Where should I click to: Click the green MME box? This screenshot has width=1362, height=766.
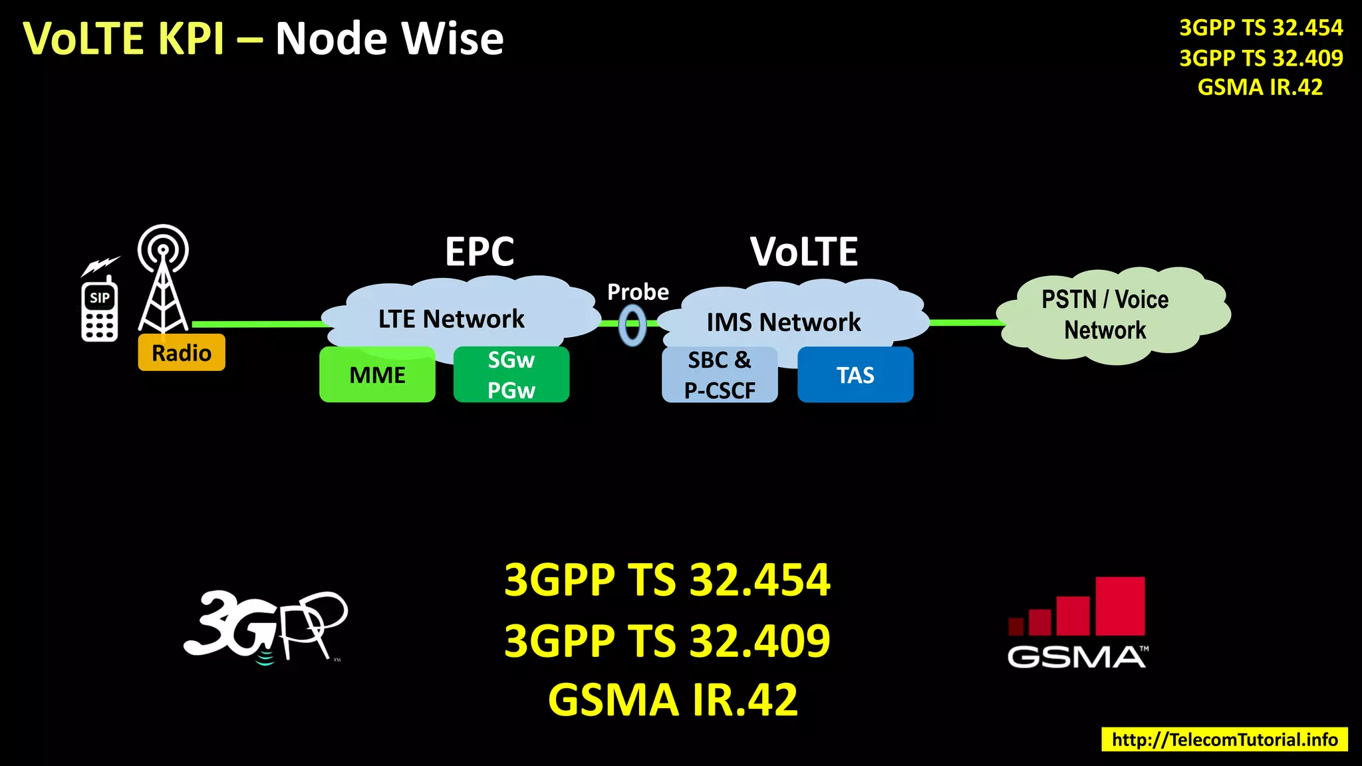(377, 375)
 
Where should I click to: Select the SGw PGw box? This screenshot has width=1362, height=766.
(511, 375)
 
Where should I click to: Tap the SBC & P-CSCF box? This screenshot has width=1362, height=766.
(720, 375)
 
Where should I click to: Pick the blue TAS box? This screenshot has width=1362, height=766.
(855, 375)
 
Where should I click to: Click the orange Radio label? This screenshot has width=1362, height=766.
(182, 352)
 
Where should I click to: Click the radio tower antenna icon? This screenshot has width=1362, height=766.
(163, 279)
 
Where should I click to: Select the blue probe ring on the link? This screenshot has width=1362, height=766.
(632, 325)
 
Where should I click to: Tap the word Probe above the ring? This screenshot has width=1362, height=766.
(638, 292)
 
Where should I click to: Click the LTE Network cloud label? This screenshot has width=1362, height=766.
(452, 319)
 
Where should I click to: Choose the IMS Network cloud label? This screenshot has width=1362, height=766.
(783, 322)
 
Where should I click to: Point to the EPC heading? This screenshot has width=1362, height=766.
(479, 252)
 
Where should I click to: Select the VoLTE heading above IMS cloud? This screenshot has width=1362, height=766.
(804, 252)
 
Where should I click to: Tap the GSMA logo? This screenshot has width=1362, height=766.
(1077, 622)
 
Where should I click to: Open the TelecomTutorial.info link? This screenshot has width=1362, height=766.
(1224, 739)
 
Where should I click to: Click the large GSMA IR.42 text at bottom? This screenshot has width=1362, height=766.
(672, 700)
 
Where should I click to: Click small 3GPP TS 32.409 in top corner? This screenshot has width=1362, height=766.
(1261, 58)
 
